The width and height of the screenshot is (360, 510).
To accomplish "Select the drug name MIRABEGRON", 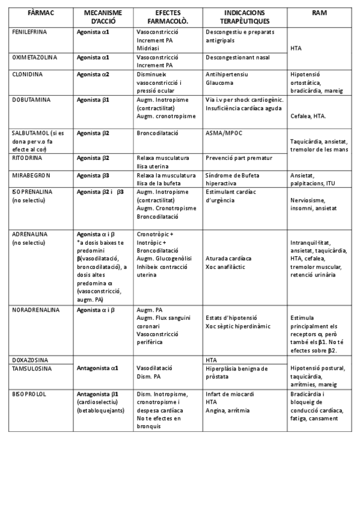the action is (x=31, y=175).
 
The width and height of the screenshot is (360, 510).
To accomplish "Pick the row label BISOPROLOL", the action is (x=30, y=395).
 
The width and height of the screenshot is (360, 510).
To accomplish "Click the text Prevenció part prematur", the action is (x=239, y=158).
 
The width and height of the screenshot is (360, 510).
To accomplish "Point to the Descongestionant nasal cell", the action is (x=237, y=58).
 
